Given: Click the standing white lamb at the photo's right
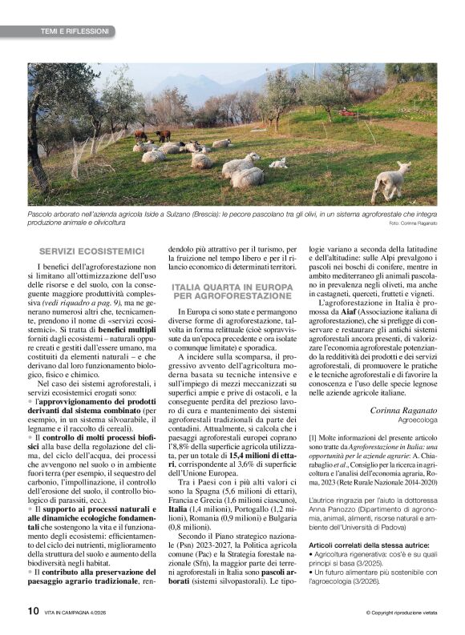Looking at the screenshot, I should point(392,181).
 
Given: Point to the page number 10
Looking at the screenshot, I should point(32,611).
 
